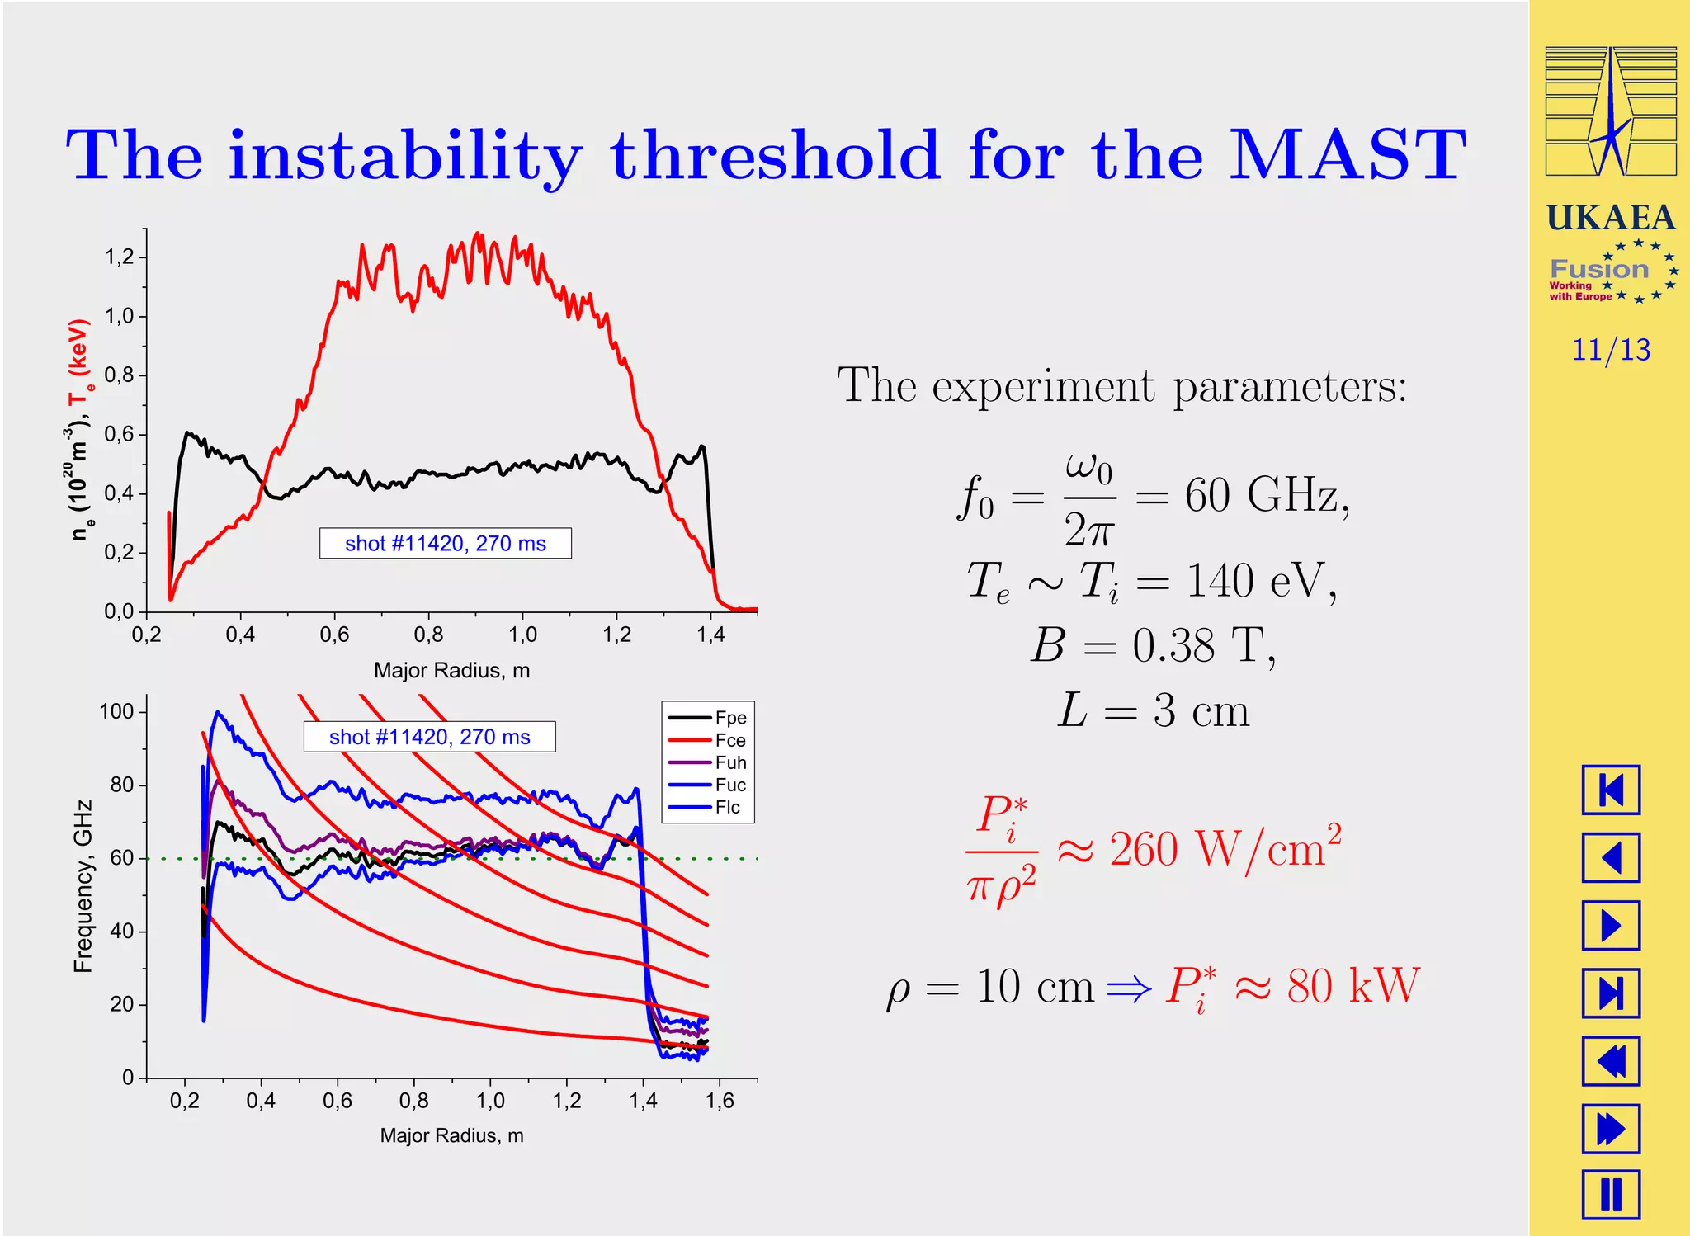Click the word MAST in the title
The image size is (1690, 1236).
1347,155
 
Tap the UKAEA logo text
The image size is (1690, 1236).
1610,219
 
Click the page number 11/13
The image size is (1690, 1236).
1610,350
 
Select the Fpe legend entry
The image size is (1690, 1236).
730,718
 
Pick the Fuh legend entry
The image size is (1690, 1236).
730,762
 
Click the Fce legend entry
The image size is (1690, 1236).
730,740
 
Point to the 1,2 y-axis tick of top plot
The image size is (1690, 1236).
120,257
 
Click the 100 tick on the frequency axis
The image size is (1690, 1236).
116,711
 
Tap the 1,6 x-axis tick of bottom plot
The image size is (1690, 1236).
720,1101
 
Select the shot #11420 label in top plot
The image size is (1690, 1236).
446,544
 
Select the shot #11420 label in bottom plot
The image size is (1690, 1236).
429,737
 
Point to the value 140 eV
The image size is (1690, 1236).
1259,581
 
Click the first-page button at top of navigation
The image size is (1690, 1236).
1610,790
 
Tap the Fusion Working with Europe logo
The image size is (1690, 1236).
1610,272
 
